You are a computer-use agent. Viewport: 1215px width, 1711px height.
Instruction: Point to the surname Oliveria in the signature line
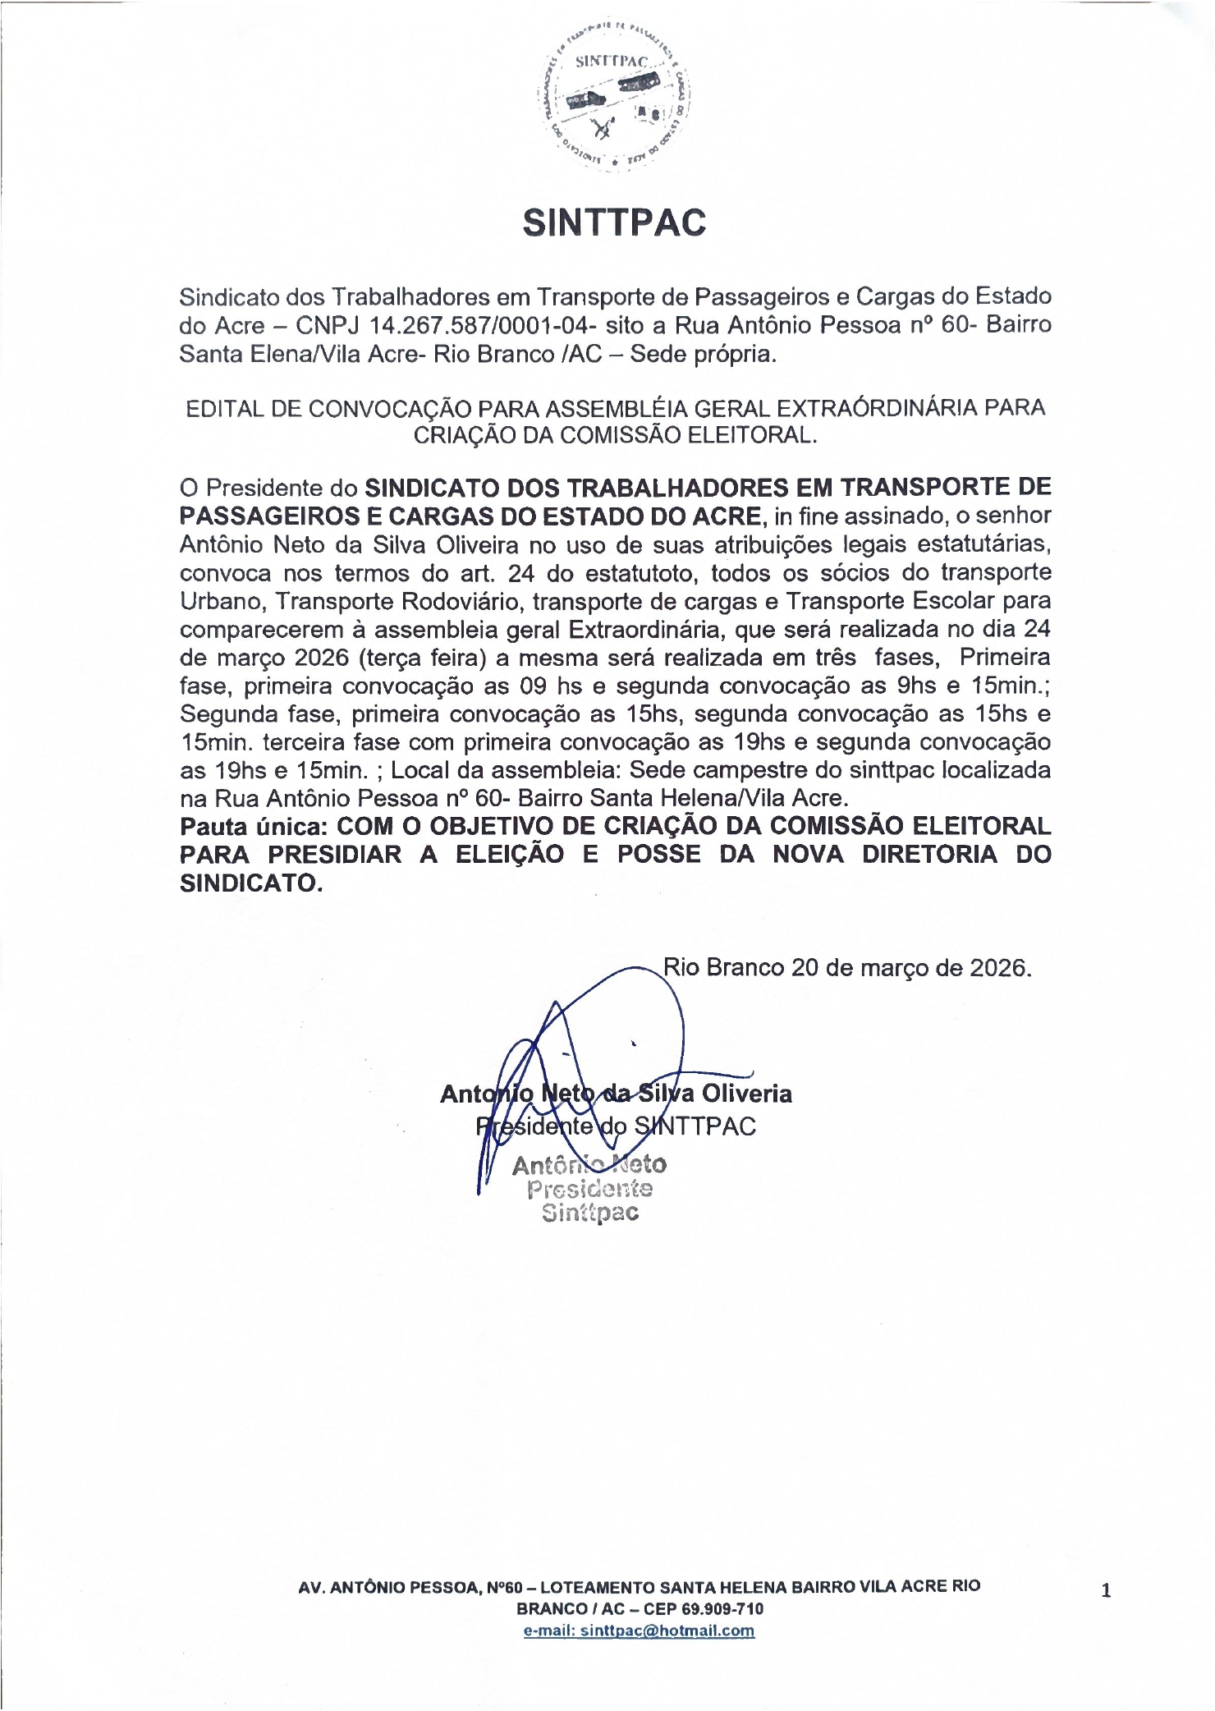(746, 1094)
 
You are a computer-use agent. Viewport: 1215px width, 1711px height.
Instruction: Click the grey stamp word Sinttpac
(589, 1213)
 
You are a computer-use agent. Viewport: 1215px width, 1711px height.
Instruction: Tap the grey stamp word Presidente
(589, 1189)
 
